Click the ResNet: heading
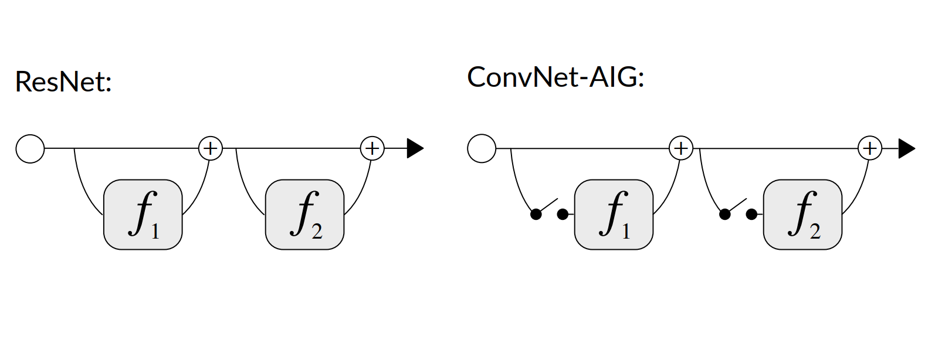63,81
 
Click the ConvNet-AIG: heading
555,77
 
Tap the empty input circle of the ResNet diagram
30,149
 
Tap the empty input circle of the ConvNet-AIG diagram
482,149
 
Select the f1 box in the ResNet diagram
143,215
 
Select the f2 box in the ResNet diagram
304,215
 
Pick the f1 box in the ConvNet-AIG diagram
614,215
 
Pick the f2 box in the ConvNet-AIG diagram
802,215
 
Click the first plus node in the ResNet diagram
211,148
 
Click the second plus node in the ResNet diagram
372,148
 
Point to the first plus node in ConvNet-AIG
681,148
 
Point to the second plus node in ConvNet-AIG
870,148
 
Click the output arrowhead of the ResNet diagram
415,149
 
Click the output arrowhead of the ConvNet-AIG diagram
906,149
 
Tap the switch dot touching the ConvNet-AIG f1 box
563,215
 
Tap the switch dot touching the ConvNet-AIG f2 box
751,215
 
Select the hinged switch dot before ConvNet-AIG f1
536,215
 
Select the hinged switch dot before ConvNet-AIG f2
725,215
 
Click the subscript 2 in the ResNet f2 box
317,232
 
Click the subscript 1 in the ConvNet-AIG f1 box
626,232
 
